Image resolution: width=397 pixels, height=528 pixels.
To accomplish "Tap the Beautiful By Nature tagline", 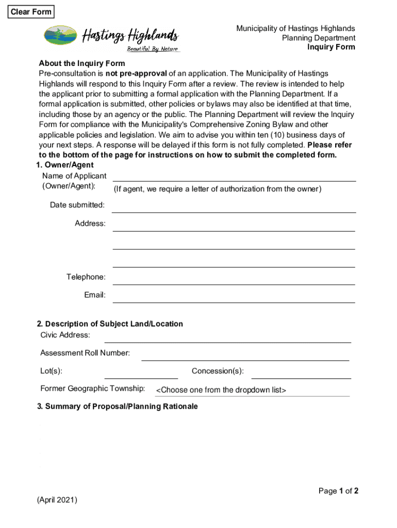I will pos(153,49).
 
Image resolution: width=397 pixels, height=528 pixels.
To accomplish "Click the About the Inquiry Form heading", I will pos(82,64).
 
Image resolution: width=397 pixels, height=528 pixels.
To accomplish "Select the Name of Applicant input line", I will pos(234,176).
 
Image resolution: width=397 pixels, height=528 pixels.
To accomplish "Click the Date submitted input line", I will pos(234,206).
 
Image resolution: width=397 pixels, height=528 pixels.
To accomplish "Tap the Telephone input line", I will pos(234,278).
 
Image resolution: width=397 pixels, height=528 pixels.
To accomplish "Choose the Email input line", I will pos(234,296).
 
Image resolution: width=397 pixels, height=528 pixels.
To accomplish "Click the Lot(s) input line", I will pos(141,372).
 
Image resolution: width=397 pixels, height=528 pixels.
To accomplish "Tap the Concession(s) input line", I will pos(301,372).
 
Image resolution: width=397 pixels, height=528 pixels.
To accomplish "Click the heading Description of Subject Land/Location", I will pos(110,324).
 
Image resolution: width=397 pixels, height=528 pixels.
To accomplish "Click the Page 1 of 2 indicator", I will pos(338,491).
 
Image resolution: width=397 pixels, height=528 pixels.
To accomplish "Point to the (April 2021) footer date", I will pos(57,500).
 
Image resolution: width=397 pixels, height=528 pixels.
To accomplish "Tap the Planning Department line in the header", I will pos(318,38).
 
